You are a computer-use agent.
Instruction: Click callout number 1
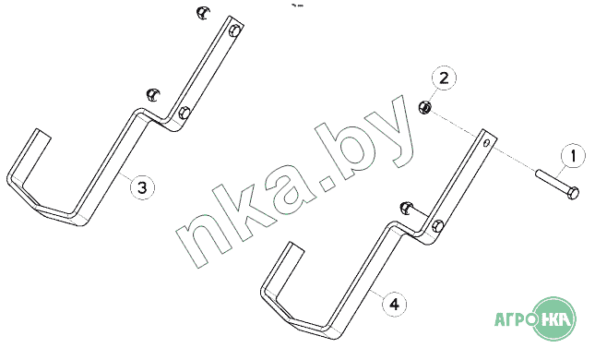click(x=573, y=155)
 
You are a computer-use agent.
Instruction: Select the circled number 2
click(x=444, y=78)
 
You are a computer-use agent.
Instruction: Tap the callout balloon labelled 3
click(x=142, y=187)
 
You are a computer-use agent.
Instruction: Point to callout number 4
click(x=395, y=304)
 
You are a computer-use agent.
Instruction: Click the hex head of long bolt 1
click(x=574, y=193)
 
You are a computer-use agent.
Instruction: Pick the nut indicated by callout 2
click(x=424, y=107)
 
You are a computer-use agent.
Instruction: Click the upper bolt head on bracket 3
click(x=235, y=30)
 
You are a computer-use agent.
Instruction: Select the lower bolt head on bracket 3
click(x=184, y=113)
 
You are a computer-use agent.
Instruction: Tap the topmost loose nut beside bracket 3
click(x=204, y=13)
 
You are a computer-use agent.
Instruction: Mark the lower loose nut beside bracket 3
click(x=153, y=94)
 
